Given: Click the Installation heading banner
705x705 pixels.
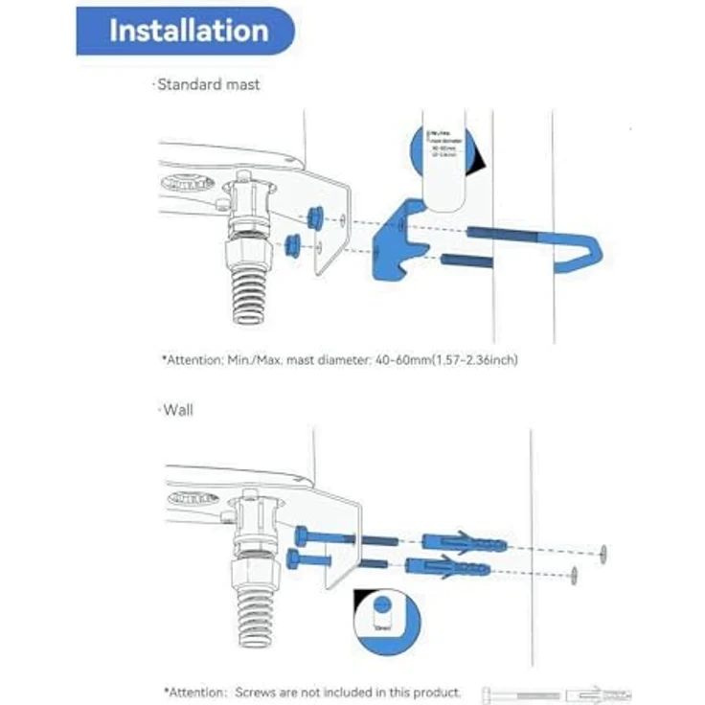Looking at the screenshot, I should tap(188, 31).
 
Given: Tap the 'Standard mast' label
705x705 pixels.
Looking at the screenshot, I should tap(208, 84).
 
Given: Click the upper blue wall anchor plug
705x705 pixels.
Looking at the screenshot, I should tap(464, 543).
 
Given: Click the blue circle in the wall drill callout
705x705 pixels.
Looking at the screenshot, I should tap(382, 605).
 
